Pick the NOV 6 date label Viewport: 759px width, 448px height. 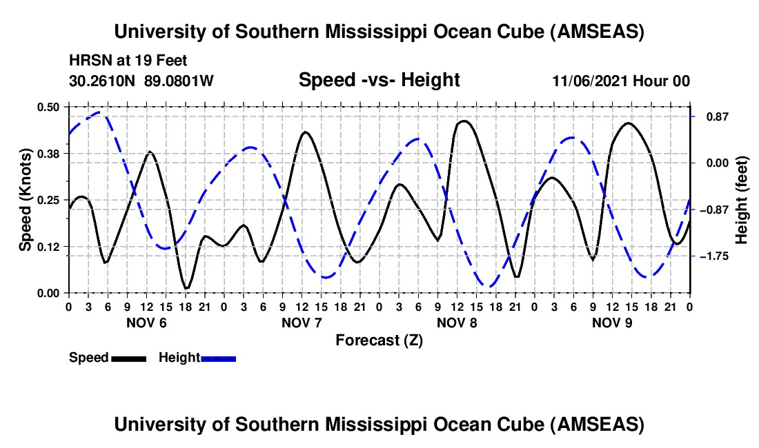[147, 323]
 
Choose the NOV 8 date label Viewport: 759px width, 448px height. [457, 323]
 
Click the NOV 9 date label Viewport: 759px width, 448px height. [612, 323]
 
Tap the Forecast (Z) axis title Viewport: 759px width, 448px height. [379, 340]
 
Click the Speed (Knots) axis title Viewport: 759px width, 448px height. [25, 200]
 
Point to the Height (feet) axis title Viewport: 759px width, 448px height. [742, 200]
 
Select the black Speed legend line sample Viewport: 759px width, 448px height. [128, 358]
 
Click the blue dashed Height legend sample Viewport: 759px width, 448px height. [219, 358]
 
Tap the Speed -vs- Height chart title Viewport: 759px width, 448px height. [379, 80]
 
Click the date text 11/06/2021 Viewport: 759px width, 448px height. [586, 81]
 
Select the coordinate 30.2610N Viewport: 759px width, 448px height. [103, 81]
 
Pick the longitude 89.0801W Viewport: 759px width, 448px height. [179, 81]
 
